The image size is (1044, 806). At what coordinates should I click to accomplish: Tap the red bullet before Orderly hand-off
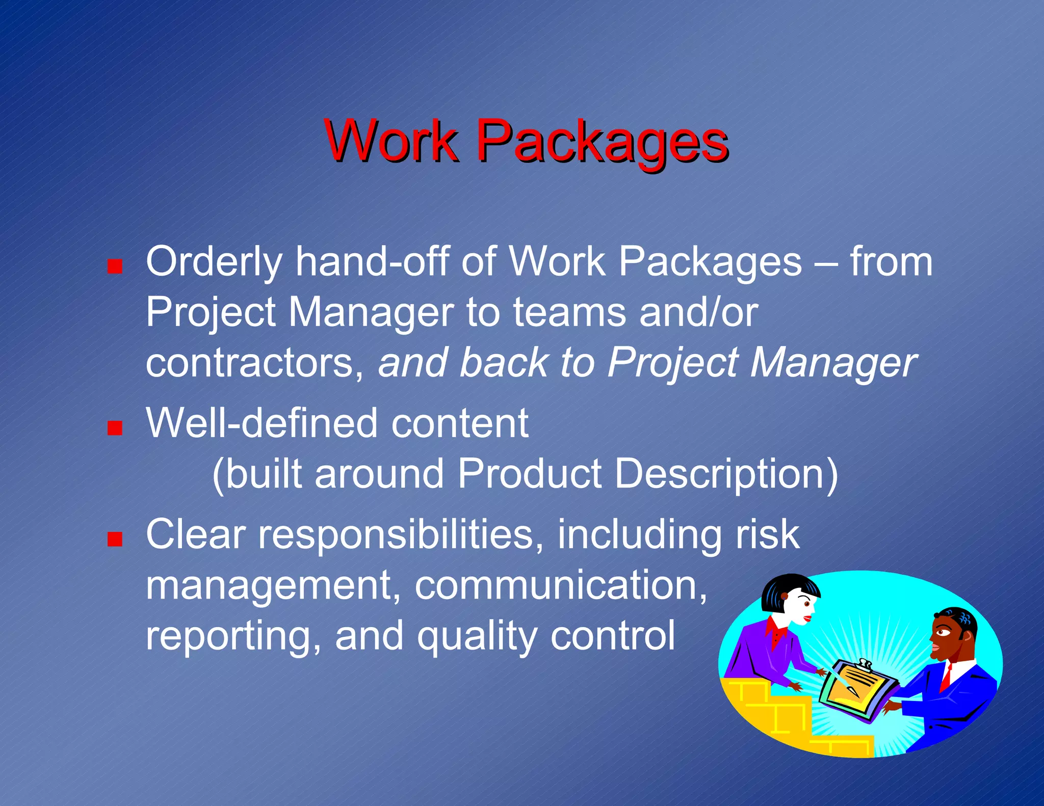(115, 266)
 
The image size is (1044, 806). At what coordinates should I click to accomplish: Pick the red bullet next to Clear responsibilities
(115, 539)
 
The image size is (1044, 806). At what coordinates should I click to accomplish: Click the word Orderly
(214, 262)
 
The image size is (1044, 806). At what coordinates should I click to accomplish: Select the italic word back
(503, 363)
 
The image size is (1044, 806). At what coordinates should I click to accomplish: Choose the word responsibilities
(401, 534)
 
